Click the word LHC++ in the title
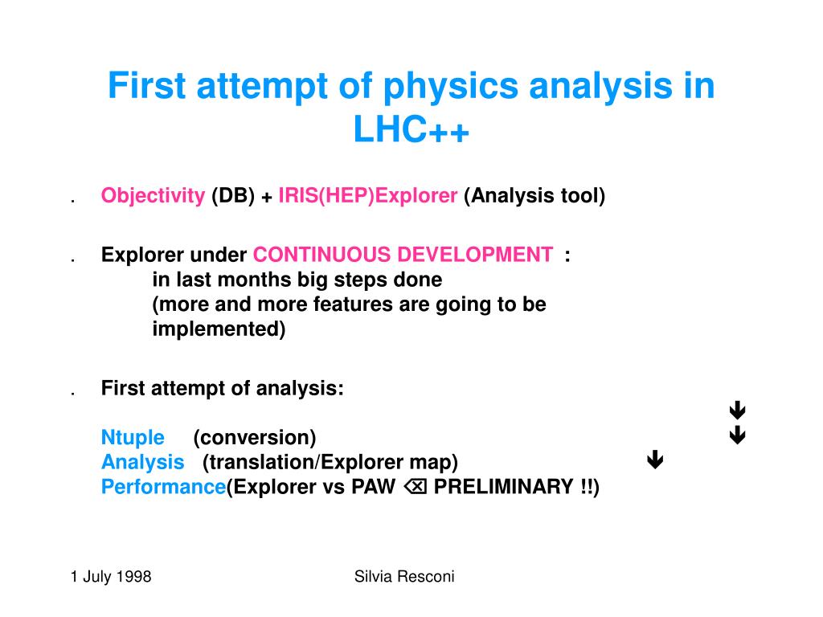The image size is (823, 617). tap(411, 129)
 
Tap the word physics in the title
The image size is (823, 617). tap(451, 87)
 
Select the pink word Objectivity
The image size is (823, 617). tap(153, 196)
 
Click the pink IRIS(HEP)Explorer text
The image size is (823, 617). tap(367, 196)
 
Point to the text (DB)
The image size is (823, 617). tap(233, 196)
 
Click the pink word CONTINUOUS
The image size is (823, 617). tap(322, 255)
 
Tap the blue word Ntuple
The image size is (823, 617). tap(133, 438)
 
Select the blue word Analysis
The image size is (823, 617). tap(143, 463)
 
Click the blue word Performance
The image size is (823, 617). tap(163, 487)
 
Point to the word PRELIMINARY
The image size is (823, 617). tap(504, 487)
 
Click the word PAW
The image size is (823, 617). tap(373, 487)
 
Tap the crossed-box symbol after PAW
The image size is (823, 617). tap(416, 488)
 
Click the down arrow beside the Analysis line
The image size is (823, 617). tap(655, 460)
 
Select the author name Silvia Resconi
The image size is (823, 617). tap(404, 577)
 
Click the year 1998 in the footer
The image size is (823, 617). tap(133, 577)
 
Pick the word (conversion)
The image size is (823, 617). tap(255, 438)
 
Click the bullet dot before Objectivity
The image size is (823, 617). tap(73, 200)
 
